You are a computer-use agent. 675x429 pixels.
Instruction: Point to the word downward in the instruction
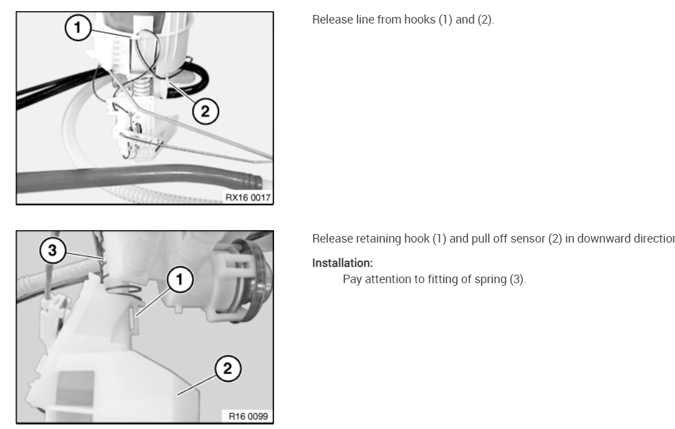598,237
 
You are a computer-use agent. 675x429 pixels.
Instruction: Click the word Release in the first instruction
329,20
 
